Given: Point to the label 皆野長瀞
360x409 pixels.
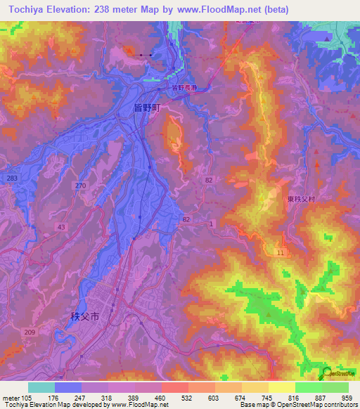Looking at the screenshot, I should pyautogui.click(x=186, y=88).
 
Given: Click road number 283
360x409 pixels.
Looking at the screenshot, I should pyautogui.click(x=11, y=178).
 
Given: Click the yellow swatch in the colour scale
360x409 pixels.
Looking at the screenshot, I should pyautogui.click(x=281, y=387).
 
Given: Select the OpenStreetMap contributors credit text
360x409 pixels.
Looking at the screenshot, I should pyautogui.click(x=319, y=405).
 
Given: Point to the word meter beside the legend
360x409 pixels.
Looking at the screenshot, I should pyautogui.click(x=10, y=398).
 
